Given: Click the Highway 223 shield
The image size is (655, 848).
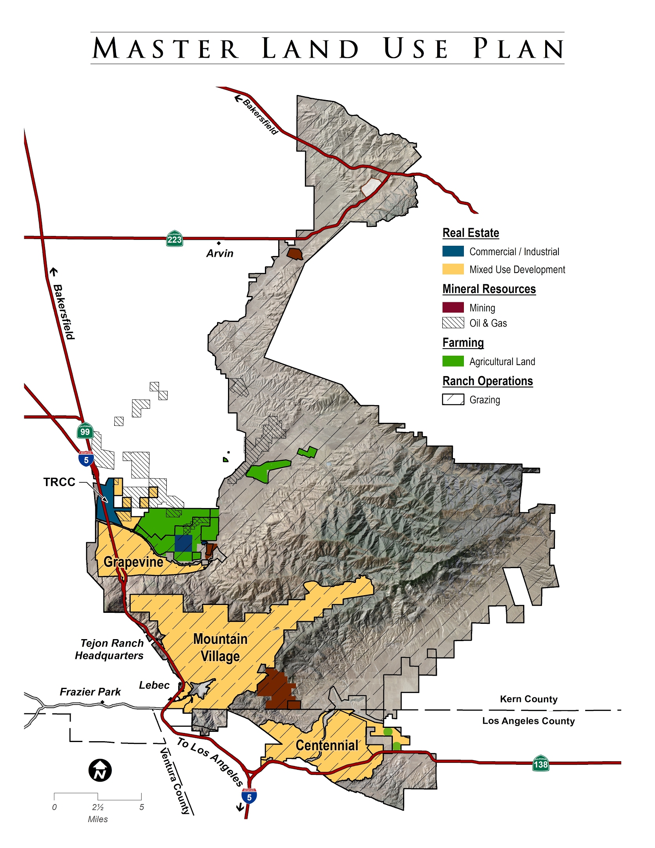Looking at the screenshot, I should click(x=175, y=239).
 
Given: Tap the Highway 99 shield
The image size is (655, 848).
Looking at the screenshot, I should click(x=85, y=431).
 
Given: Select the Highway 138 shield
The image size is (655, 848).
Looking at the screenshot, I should click(x=540, y=764).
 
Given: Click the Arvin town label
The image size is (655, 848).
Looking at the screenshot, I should click(x=220, y=254).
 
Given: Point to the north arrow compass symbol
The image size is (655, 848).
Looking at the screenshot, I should click(x=100, y=771).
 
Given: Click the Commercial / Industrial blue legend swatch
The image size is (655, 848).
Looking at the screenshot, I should click(x=453, y=251).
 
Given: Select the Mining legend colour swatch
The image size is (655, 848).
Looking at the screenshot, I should click(x=453, y=307).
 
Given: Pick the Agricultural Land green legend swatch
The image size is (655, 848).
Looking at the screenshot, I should click(x=453, y=361).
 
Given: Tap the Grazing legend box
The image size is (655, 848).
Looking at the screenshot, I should click(x=453, y=399).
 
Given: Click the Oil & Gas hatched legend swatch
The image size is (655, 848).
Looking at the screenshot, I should click(x=453, y=323).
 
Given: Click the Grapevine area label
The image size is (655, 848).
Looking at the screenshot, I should click(x=133, y=562).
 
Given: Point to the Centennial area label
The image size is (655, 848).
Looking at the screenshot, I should click(x=327, y=745).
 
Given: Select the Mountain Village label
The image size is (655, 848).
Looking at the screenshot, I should click(x=220, y=647).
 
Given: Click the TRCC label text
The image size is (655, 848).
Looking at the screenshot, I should click(x=59, y=482).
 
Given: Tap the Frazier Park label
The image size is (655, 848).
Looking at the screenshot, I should click(x=90, y=692).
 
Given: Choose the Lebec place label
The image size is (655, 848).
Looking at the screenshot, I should click(x=154, y=685).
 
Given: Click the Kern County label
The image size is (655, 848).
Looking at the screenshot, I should click(x=529, y=699).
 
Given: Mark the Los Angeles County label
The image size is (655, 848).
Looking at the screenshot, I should click(x=528, y=721).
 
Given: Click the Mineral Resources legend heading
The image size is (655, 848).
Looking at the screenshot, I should click(x=489, y=289).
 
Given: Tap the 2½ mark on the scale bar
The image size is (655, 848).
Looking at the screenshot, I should click(x=98, y=807).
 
